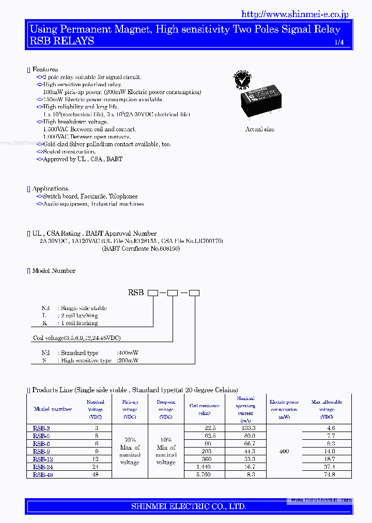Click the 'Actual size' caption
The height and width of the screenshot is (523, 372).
point(260,129)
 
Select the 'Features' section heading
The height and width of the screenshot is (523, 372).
point(45,69)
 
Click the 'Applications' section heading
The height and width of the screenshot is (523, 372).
point(50,189)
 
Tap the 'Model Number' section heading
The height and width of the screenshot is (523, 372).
point(54,270)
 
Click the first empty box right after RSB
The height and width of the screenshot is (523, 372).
point(153,293)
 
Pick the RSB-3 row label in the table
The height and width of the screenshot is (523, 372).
point(41,428)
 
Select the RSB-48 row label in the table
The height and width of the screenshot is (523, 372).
point(43,474)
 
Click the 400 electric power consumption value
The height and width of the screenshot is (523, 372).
point(284,451)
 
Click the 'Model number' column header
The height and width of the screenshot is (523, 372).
point(53,409)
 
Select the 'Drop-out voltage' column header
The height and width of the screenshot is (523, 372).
point(166,409)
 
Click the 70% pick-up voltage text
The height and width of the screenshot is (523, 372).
point(130,440)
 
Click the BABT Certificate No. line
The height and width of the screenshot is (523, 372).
point(141,249)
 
